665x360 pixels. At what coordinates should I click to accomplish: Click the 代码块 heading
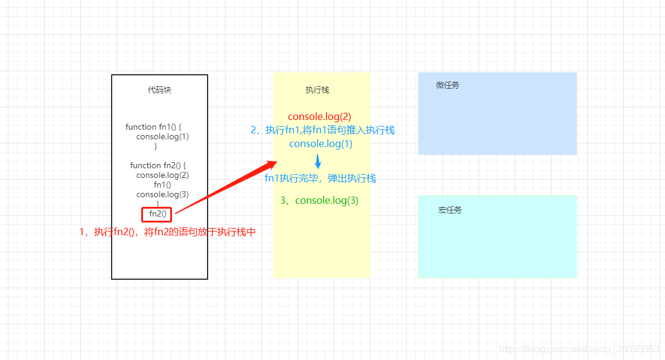point(159,90)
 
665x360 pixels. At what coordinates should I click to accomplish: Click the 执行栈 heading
point(317,90)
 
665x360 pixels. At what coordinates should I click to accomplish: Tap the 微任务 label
point(448,85)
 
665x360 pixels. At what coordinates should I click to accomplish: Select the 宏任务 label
point(450,210)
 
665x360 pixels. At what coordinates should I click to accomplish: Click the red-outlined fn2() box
point(157,213)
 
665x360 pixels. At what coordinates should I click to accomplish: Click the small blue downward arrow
point(318,161)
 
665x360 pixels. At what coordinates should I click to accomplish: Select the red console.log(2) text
point(319,116)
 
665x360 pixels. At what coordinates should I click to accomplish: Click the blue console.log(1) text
point(320,144)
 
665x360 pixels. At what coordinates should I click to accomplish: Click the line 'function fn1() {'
point(153,127)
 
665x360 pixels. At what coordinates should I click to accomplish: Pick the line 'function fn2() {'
point(157,165)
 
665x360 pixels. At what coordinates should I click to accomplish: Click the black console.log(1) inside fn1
point(162,136)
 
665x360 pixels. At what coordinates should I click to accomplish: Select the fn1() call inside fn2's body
point(162,185)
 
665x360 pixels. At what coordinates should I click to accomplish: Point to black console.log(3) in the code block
point(162,194)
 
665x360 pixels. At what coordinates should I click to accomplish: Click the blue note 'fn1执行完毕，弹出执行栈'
point(320,178)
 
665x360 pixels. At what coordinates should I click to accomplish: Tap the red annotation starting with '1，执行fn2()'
point(168,232)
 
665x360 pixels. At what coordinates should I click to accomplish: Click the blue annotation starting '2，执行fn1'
point(323,130)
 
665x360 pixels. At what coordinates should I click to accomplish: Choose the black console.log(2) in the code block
point(162,175)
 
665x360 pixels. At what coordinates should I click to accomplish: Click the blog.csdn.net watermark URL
point(579,349)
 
